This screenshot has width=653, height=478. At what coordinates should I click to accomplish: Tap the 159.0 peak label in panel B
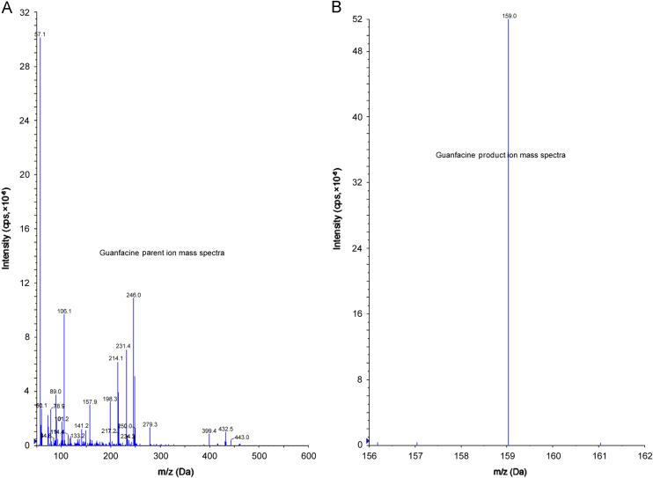click(509, 14)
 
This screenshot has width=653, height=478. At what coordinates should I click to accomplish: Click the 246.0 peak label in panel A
click(134, 296)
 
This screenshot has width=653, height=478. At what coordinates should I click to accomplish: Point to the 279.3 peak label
click(150, 424)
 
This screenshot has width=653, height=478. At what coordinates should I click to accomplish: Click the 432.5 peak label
click(225, 429)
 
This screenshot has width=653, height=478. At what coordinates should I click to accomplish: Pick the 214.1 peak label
click(116, 358)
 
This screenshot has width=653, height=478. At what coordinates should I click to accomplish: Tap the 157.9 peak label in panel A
click(90, 402)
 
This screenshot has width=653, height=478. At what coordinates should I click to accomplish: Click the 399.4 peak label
click(209, 431)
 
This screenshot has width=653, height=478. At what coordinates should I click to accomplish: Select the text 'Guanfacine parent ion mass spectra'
click(162, 254)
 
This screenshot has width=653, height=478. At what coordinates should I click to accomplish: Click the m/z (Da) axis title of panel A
click(172, 470)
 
